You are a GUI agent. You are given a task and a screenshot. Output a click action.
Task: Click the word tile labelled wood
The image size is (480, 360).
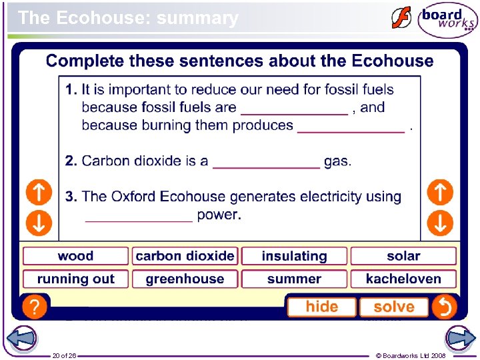[75, 256]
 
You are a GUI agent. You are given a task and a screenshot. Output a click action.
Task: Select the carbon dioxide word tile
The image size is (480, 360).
[185, 256]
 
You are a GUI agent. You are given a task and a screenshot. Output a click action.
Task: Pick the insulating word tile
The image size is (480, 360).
[294, 256]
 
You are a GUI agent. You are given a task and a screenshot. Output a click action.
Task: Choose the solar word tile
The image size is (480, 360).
[403, 256]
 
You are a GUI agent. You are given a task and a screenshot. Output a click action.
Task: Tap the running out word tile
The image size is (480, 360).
[75, 279]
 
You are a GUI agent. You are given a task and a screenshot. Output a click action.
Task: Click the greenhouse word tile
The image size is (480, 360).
[185, 279]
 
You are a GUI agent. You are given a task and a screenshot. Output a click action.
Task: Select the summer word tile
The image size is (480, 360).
[294, 279]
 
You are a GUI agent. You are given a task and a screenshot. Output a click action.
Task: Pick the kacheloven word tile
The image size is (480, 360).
[403, 279]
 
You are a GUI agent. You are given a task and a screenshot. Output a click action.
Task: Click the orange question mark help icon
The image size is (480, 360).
[35, 307]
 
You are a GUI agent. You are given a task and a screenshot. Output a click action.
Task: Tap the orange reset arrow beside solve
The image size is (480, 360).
[443, 307]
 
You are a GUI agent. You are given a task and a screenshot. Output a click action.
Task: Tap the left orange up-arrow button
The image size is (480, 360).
[39, 193]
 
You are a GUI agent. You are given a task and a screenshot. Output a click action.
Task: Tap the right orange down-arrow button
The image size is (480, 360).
[440, 222]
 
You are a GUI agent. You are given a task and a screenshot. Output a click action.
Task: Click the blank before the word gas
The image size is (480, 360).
[266, 162]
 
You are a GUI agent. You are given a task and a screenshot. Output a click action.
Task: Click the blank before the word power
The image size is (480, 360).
[139, 215]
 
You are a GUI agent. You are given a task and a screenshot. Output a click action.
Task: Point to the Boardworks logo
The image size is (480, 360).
[447, 20]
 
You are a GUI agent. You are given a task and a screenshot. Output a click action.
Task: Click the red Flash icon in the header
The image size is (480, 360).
[401, 18]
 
